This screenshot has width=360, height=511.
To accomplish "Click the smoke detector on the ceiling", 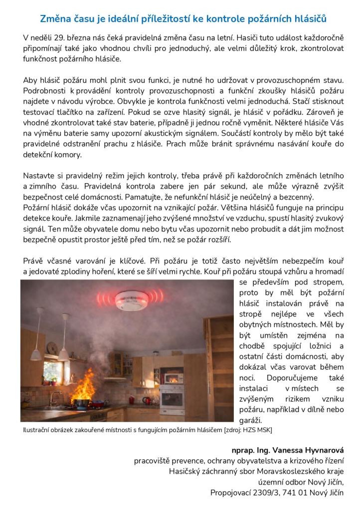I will [x=131, y=300].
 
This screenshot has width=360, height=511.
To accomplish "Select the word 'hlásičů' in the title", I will [x=311, y=19].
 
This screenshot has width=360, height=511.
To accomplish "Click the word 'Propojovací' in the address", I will [x=230, y=494].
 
